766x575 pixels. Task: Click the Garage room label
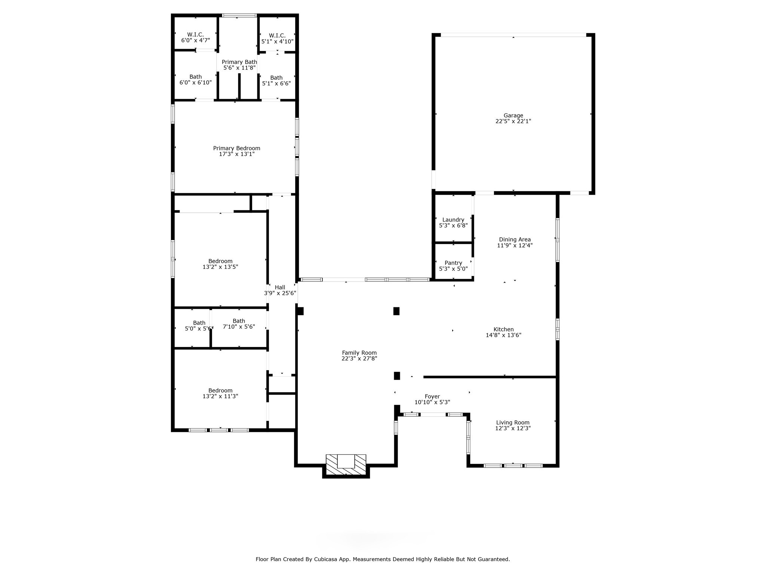point(513,116)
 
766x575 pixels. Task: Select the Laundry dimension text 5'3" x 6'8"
point(453,226)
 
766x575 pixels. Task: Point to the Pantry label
point(453,263)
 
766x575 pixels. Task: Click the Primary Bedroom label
point(236,148)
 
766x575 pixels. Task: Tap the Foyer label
point(432,396)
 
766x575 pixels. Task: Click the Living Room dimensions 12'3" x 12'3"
point(512,428)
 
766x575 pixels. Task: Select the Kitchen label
point(503,329)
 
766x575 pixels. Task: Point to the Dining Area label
point(514,240)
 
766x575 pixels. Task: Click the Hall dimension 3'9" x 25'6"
point(280,293)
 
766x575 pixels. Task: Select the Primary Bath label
point(239,62)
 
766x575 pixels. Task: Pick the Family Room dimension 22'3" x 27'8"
point(359,359)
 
